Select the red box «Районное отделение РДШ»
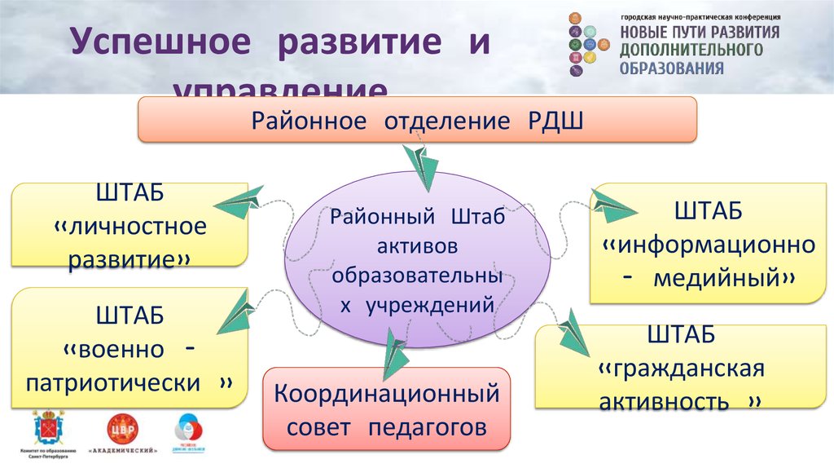tap(416, 120)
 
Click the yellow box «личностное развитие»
tap(130, 225)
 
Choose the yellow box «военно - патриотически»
tap(130, 348)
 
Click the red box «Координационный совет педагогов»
tap(386, 409)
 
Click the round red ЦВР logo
tap(123, 429)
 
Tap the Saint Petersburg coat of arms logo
tap(46, 428)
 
